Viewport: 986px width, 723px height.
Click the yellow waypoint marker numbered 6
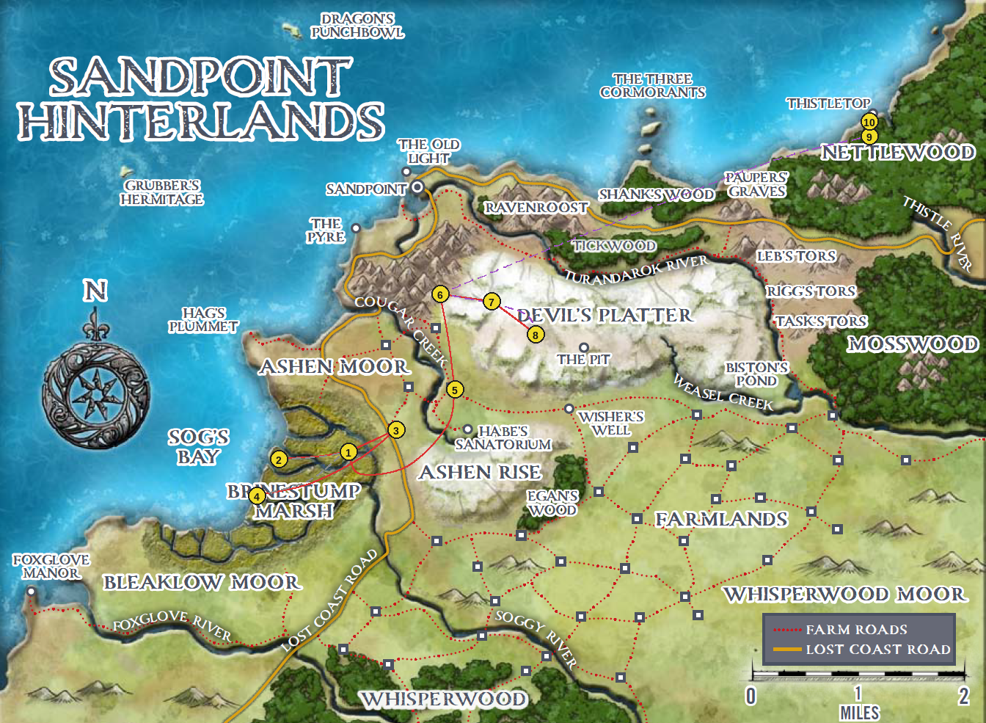[440, 295]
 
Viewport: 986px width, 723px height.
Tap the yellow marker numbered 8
[536, 335]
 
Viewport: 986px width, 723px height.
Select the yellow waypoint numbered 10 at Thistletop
[869, 123]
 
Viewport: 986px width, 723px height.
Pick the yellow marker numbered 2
[279, 460]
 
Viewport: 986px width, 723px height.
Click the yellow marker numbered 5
[455, 390]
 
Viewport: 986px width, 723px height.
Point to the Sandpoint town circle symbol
[417, 187]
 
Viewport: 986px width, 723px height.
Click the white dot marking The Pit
[584, 348]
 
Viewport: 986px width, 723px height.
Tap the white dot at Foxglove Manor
[31, 592]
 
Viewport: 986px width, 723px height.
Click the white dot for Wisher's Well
[569, 409]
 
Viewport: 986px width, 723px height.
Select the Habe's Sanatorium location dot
[467, 429]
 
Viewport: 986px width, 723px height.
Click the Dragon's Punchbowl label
[357, 26]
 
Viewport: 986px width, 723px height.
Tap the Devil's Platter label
[605, 316]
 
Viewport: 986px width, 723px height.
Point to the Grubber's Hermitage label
[162, 192]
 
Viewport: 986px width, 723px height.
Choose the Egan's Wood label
[552, 503]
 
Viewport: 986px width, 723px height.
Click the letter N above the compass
[95, 291]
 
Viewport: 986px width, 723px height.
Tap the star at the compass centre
[95, 393]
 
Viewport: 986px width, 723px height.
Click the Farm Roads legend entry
[856, 630]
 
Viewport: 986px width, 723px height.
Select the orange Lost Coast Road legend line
[787, 650]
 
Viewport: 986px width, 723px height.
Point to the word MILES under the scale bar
[859, 713]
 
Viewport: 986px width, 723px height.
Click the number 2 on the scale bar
[963, 696]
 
